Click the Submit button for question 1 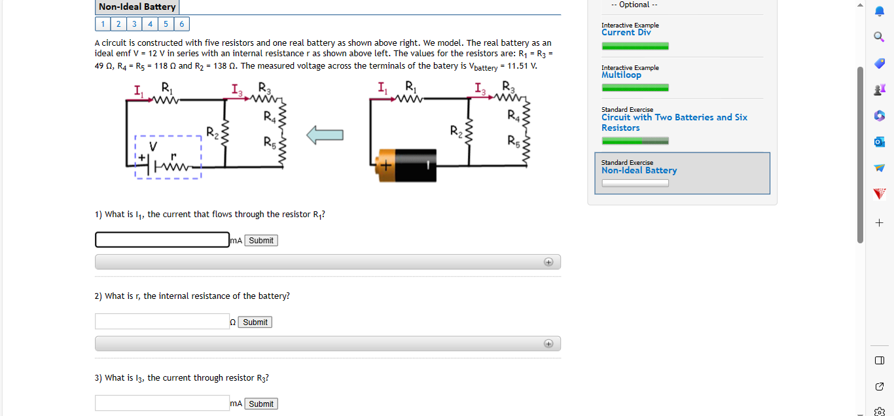(261, 241)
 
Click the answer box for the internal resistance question (162, 322)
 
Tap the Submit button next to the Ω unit (255, 322)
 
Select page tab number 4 (150, 24)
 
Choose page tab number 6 (181, 24)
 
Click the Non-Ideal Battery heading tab (137, 7)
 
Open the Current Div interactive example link (626, 32)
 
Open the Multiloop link (621, 75)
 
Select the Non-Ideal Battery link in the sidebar (639, 170)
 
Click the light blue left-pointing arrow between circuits (325, 135)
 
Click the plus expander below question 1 (548, 262)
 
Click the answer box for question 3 (162, 403)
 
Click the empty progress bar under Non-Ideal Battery (635, 183)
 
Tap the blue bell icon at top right (879, 11)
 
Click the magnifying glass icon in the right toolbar (879, 37)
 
